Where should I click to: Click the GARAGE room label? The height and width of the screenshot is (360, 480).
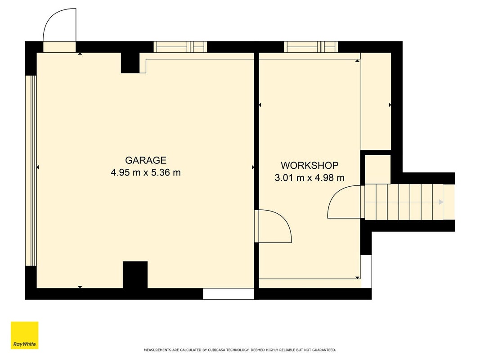pyautogui.click(x=146, y=160)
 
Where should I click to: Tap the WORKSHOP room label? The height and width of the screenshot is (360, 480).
pyautogui.click(x=310, y=165)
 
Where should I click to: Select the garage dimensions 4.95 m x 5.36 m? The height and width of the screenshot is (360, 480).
pyautogui.click(x=146, y=173)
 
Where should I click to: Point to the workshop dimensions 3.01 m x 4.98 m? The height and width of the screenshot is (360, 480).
pyautogui.click(x=310, y=178)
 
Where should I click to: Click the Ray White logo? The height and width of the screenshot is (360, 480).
pyautogui.click(x=24, y=335)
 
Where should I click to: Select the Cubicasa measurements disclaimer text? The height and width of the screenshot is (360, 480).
pyautogui.click(x=240, y=350)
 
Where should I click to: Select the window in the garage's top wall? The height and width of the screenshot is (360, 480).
pyautogui.click(x=180, y=47)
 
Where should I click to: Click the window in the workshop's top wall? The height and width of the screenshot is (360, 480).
pyautogui.click(x=311, y=47)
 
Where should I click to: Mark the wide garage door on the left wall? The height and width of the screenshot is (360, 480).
pyautogui.click(x=31, y=171)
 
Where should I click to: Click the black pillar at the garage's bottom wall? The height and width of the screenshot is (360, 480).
pyautogui.click(x=135, y=274)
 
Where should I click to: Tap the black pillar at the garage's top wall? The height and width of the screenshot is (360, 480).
pyautogui.click(x=130, y=63)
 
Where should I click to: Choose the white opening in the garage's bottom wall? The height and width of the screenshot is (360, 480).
pyautogui.click(x=229, y=293)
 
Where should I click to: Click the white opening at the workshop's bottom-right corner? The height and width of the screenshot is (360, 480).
pyautogui.click(x=366, y=271)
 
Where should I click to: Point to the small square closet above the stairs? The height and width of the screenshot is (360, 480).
pyautogui.click(x=378, y=169)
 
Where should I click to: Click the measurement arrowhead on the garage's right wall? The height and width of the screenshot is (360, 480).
pyautogui.click(x=253, y=167)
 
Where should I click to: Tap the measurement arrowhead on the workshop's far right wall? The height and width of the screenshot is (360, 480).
pyautogui.click(x=390, y=105)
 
